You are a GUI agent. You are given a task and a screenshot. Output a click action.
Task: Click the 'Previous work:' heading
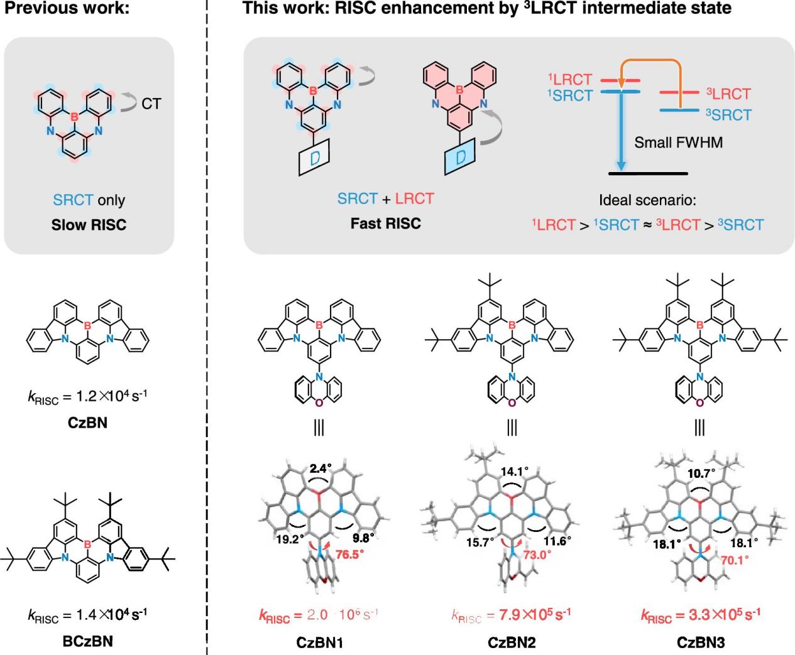click(x=47, y=8)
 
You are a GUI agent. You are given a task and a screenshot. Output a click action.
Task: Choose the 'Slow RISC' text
click(x=89, y=224)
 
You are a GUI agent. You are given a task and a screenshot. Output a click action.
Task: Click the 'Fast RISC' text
click(x=385, y=224)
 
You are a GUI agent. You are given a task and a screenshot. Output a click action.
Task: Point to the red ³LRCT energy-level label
click(x=728, y=94)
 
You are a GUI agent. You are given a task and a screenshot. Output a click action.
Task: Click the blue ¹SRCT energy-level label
click(x=569, y=95)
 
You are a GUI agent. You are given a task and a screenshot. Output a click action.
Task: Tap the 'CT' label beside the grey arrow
click(x=151, y=104)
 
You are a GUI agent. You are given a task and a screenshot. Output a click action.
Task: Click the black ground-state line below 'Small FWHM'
click(x=649, y=173)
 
